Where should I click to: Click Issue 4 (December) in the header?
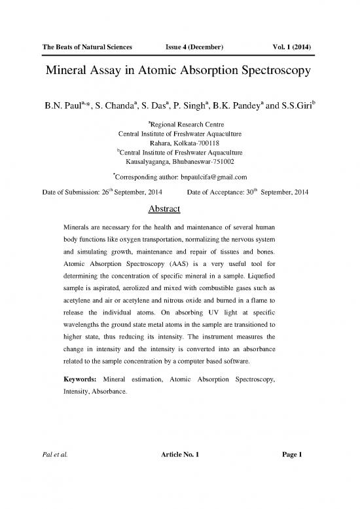196,47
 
